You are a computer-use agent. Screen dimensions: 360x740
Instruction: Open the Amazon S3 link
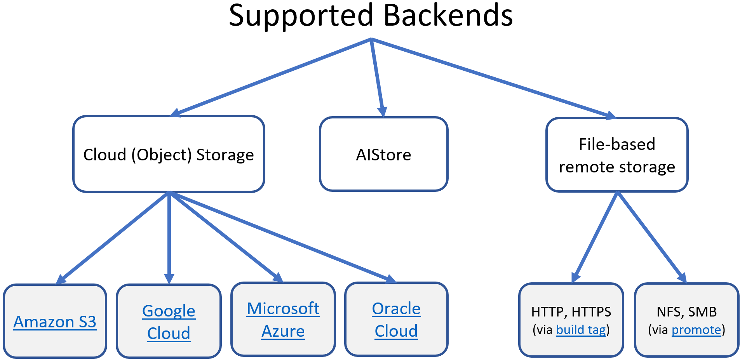coord(55,322)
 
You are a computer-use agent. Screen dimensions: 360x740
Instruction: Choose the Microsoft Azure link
coord(283,320)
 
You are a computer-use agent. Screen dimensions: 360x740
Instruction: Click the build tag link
coord(581,330)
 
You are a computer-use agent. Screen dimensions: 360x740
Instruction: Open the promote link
coord(696,330)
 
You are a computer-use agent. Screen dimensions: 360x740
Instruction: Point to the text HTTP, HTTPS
coord(571,311)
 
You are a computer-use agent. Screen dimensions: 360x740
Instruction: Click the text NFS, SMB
coord(686,311)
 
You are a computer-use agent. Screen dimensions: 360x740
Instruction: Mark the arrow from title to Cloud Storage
coord(272,77)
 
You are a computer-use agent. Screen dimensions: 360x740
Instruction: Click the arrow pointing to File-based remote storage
coord(493,78)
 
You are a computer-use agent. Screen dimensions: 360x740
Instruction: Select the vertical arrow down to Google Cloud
coord(169,237)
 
